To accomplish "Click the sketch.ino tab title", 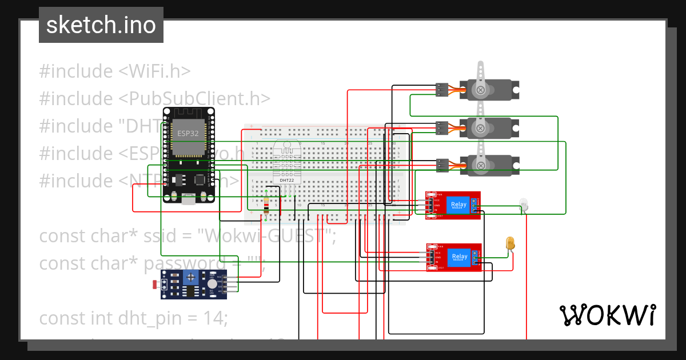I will point(101,25).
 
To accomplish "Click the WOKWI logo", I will point(607,314).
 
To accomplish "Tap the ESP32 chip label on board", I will point(185,133).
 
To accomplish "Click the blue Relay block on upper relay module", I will point(458,205).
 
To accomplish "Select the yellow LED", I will point(510,243).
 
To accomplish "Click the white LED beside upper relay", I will point(523,204).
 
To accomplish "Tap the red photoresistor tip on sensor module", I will point(155,284).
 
